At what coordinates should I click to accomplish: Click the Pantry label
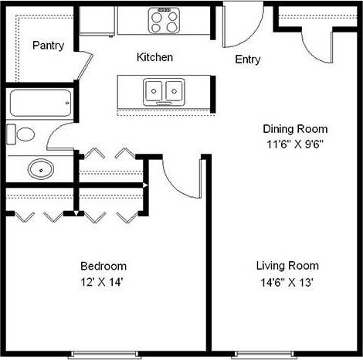click(x=48, y=46)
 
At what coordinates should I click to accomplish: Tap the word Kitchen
click(x=154, y=58)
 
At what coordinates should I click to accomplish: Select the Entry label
click(x=247, y=60)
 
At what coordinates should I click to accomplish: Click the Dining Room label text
click(x=295, y=129)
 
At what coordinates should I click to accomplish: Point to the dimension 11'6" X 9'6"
click(x=295, y=144)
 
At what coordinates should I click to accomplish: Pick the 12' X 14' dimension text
click(x=100, y=282)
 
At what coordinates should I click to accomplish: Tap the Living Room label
click(x=286, y=266)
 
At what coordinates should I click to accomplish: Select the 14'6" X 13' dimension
click(x=286, y=282)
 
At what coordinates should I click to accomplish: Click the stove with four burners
click(x=164, y=20)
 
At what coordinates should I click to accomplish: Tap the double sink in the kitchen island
click(x=164, y=90)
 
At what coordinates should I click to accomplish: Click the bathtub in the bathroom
click(x=40, y=102)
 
